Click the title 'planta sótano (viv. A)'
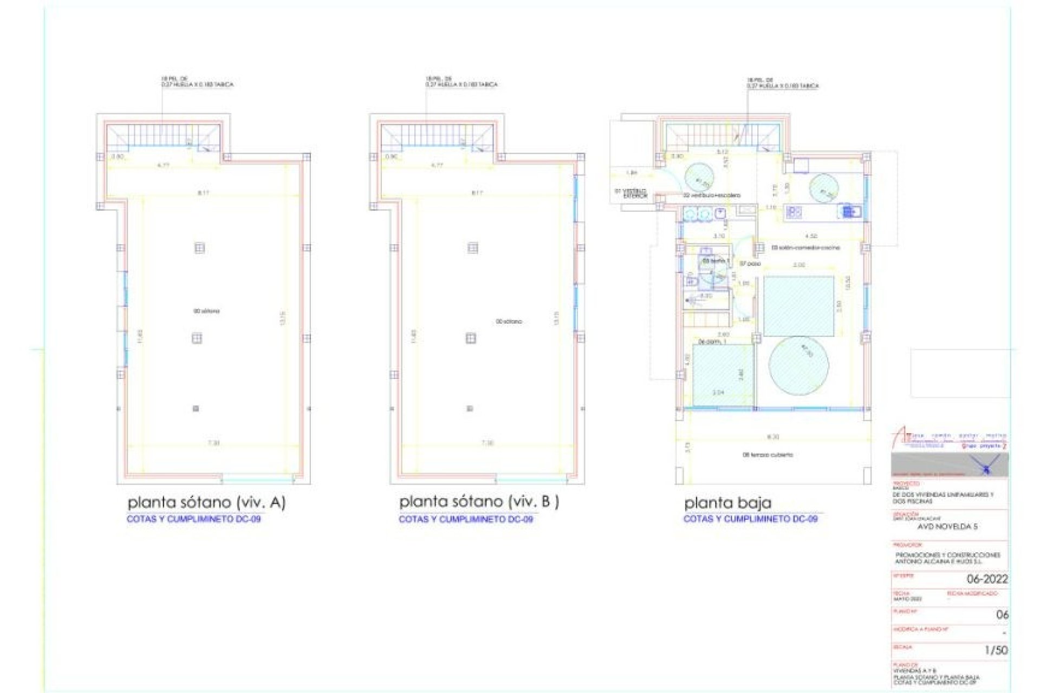tap(206, 502)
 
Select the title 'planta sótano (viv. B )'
tap(479, 502)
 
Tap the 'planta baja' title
tap(727, 503)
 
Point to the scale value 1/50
tap(996, 650)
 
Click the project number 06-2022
tap(987, 579)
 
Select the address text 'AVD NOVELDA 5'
tap(947, 526)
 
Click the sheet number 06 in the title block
tap(1002, 614)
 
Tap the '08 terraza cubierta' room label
tap(768, 455)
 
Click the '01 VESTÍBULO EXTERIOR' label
tap(631, 193)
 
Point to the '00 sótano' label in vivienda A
tap(206, 311)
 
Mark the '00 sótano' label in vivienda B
tap(509, 322)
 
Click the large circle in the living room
tap(798, 365)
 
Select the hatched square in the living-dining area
tap(798, 306)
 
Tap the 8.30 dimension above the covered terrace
tap(773, 436)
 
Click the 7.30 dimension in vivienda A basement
tap(214, 443)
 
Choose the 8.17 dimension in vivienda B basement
tap(477, 193)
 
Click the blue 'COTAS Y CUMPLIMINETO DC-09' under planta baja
tap(750, 519)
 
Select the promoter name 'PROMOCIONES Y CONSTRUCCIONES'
tap(947, 555)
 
